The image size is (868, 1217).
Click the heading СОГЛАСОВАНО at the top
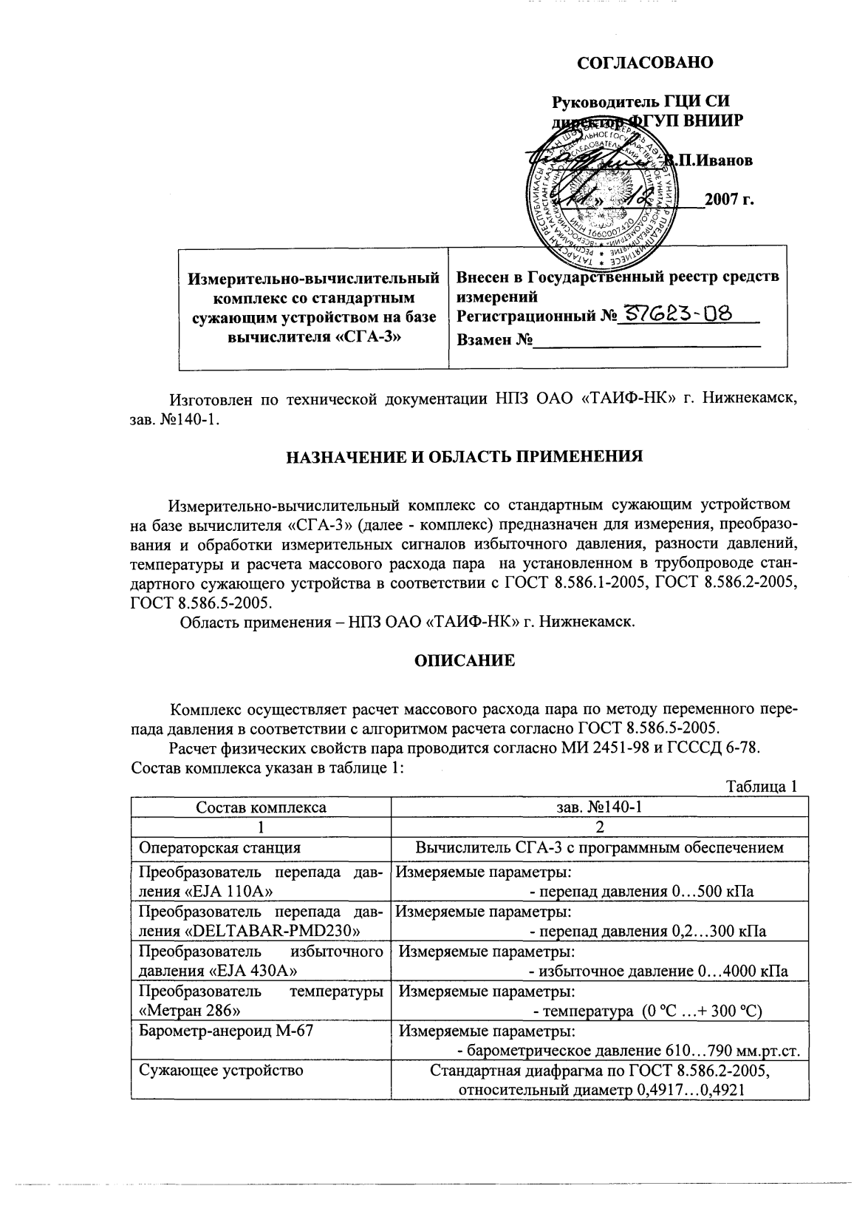[x=645, y=63]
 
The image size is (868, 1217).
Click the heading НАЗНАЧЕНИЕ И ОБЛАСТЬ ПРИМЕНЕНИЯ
[x=464, y=456]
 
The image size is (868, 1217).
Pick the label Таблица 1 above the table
[x=762, y=787]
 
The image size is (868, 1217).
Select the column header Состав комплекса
[x=260, y=807]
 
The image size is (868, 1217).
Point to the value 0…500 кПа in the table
[x=714, y=892]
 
